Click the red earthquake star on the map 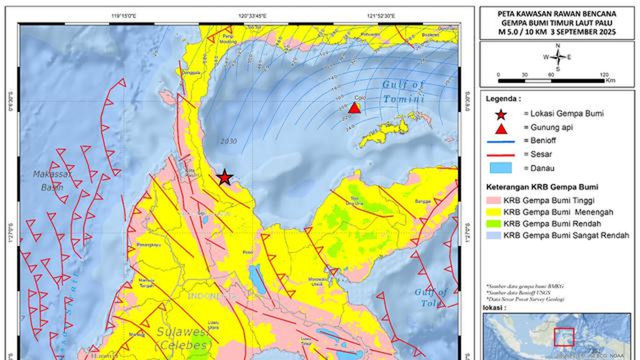[224, 177]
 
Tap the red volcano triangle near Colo [354, 107]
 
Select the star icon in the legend [500, 114]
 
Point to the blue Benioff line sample [500, 141]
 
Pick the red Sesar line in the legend [500, 155]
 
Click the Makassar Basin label [53, 180]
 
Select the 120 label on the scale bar [604, 74]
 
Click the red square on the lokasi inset [564, 336]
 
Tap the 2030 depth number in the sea [228, 141]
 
